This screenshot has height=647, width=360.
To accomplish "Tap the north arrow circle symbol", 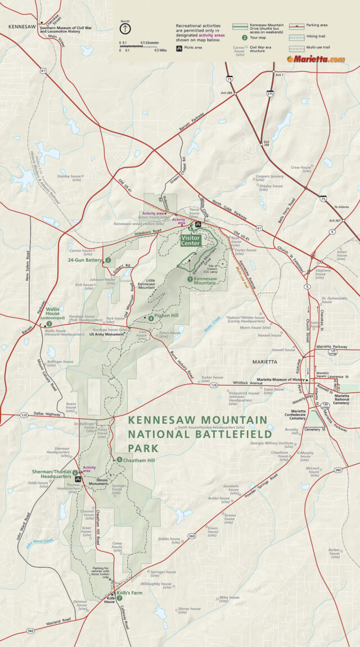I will [125, 28].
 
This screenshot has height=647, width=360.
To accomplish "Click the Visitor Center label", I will [190, 241].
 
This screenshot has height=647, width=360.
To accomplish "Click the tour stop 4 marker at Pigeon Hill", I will [151, 318].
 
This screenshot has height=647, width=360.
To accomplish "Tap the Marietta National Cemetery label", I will [341, 399].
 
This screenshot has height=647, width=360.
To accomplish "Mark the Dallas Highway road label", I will [47, 414].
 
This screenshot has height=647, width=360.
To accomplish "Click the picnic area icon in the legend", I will [179, 48].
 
